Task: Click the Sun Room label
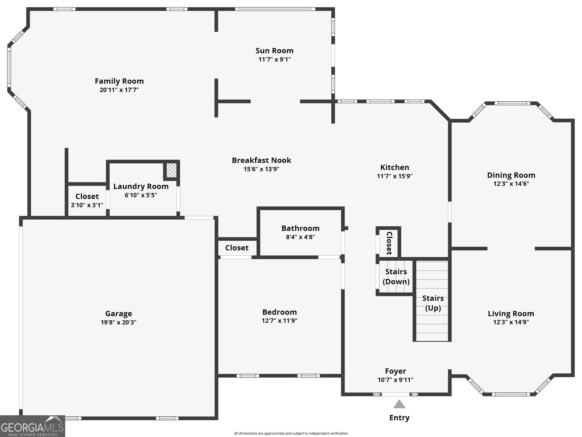(274, 50)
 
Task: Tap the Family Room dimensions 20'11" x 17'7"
(119, 90)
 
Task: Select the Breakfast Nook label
(261, 160)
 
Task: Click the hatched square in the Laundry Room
(171, 170)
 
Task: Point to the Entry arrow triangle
(399, 404)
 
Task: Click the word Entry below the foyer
(399, 418)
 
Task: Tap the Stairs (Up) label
(433, 303)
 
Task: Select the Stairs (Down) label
(396, 277)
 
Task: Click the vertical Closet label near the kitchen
(389, 243)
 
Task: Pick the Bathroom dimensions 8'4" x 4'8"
(300, 237)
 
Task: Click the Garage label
(118, 314)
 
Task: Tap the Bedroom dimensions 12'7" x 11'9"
(279, 321)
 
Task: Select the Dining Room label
(511, 175)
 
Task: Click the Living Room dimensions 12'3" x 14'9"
(511, 322)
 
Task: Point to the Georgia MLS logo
(32, 427)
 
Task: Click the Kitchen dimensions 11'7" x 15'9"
(395, 176)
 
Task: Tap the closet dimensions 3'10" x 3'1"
(87, 205)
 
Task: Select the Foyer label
(395, 371)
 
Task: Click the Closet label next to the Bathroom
(237, 248)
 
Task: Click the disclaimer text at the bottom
(291, 434)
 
